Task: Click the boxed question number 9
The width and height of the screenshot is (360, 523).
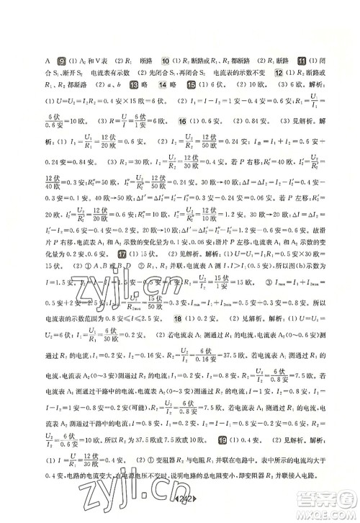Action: (x=62, y=61)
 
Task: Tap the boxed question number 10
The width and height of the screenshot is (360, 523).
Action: (x=166, y=61)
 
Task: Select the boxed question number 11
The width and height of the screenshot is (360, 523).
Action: (x=302, y=61)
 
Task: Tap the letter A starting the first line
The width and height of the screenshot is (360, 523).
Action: (x=47, y=62)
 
